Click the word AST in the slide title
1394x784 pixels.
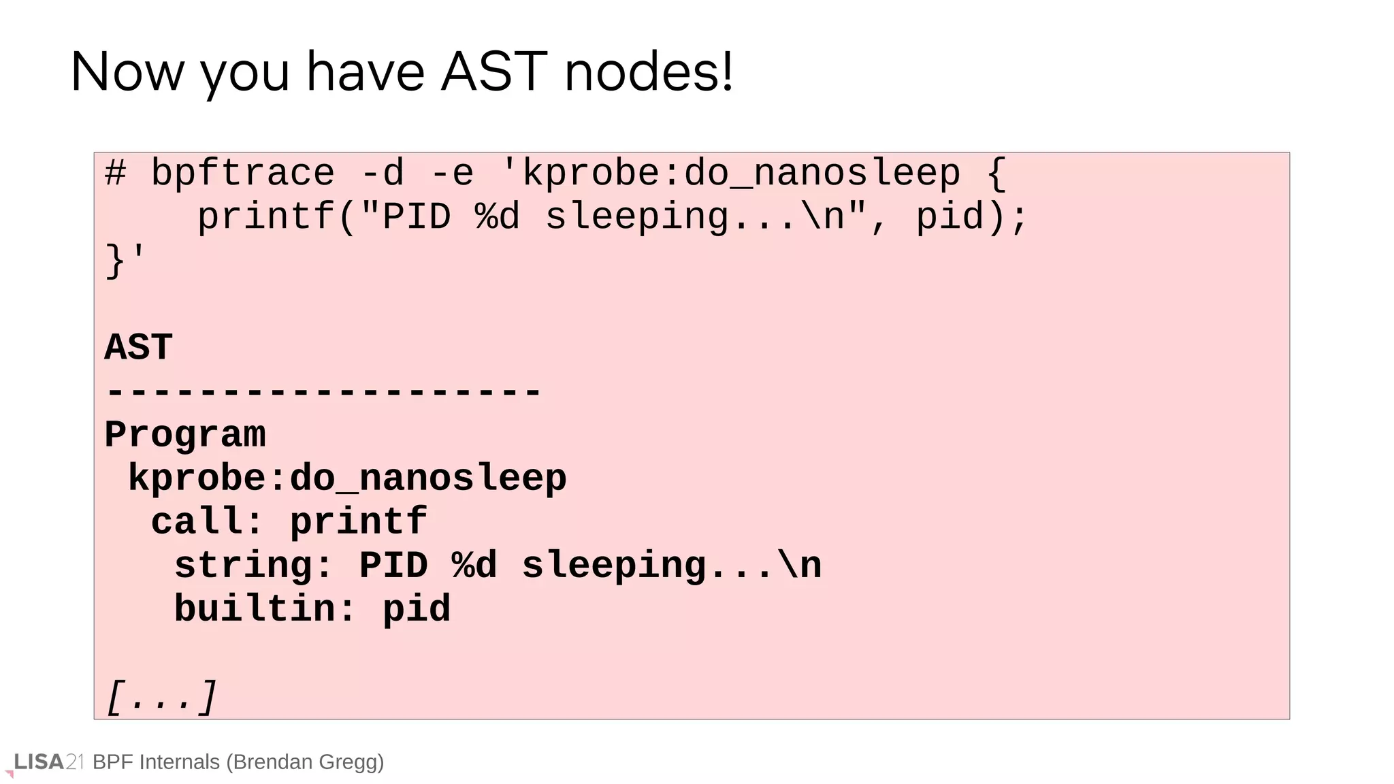tap(493, 71)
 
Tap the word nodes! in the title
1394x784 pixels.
tap(649, 71)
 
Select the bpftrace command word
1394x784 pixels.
tap(242, 174)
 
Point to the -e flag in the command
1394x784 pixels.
tap(452, 174)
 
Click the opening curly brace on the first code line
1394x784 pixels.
tap(996, 174)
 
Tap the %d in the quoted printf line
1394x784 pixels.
tap(497, 217)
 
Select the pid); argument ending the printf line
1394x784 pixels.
tap(971, 217)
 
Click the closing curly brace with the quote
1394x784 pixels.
tap(125, 261)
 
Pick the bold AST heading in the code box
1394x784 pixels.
tap(138, 348)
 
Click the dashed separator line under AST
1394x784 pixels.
tap(323, 392)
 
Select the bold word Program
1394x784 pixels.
tap(184, 435)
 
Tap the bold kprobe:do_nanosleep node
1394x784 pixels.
tap(347, 478)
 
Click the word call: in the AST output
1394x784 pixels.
tap(206, 522)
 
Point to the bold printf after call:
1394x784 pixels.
tap(359, 522)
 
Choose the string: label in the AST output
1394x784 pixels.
tap(253, 566)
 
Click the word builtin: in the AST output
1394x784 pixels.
tap(265, 609)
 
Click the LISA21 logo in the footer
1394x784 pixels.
tap(48, 762)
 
